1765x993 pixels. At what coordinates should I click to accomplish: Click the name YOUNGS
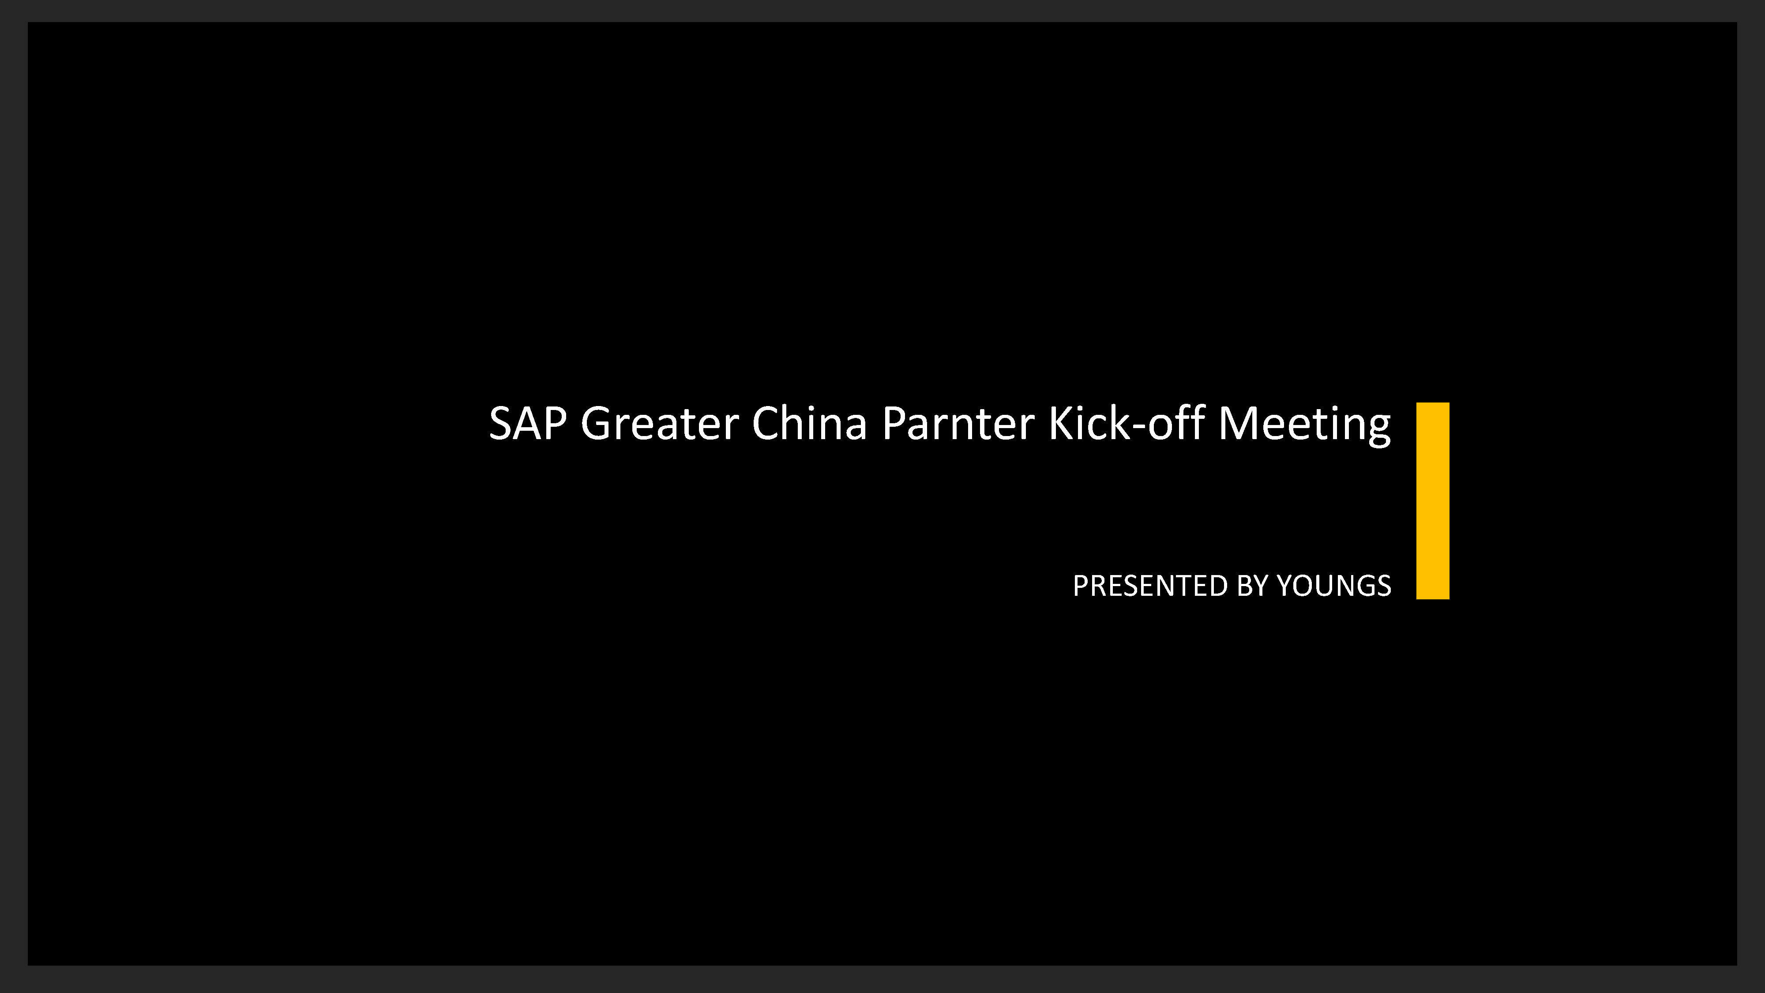coord(1334,586)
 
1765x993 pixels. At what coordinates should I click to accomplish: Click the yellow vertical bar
coord(1433,501)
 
